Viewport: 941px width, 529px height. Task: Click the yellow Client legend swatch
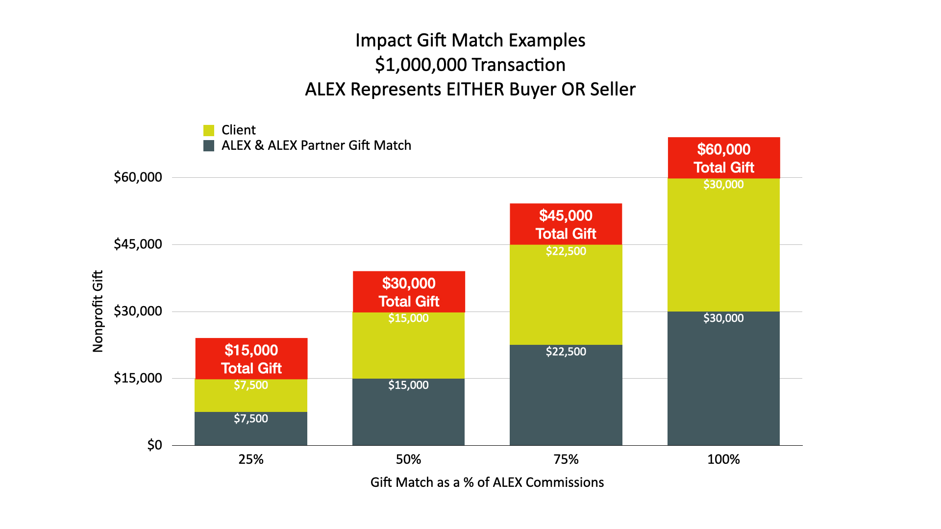click(209, 130)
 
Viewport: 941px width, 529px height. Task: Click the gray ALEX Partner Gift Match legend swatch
click(209, 145)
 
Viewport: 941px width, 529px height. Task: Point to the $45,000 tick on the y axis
click(138, 244)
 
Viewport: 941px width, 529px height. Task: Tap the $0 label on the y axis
click(154, 445)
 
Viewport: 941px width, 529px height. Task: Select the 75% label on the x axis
click(566, 459)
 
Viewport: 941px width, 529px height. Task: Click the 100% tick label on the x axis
click(723, 459)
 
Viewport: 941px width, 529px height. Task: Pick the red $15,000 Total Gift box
click(251, 359)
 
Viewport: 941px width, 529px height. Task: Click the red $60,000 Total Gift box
click(724, 158)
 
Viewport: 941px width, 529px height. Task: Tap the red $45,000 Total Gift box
click(566, 224)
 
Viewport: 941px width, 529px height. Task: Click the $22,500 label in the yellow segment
click(566, 251)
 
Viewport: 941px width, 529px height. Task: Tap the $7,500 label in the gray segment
click(251, 419)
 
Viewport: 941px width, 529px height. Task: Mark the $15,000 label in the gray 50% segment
click(409, 385)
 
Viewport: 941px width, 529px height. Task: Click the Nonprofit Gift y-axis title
click(98, 311)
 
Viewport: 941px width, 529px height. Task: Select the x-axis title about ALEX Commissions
click(487, 482)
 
